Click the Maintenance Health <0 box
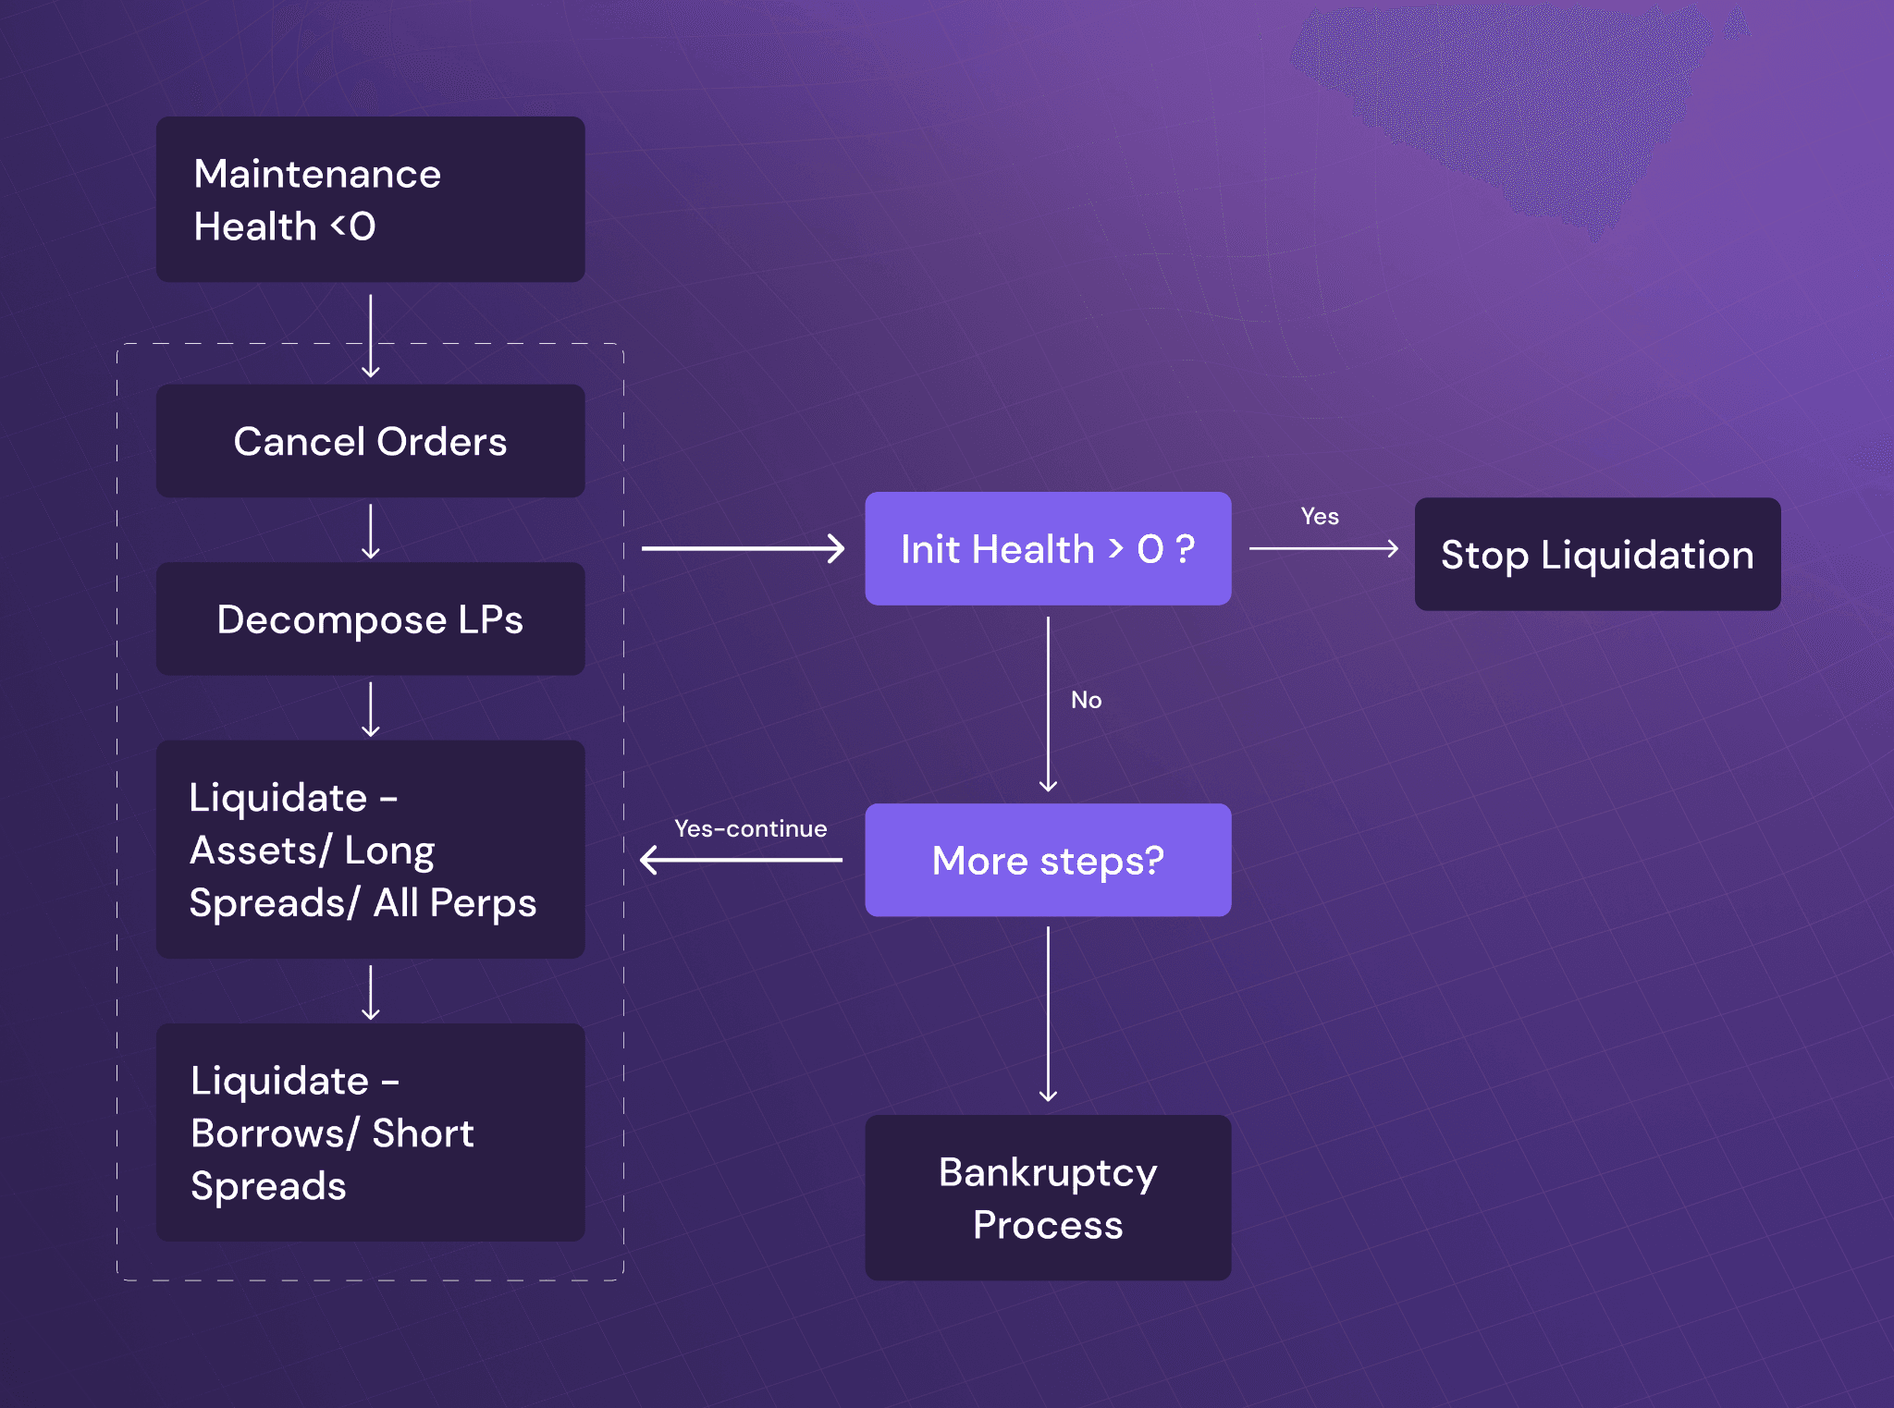370,199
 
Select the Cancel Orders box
370,441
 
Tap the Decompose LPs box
370,618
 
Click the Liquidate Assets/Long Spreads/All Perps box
370,849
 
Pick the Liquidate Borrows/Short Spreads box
370,1132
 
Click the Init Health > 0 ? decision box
1048,549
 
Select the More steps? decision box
1048,860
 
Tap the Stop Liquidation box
1597,554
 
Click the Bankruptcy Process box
1048,1197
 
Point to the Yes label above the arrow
1320,517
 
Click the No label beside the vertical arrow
1086,700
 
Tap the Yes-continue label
750,828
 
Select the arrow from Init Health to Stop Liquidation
1322,549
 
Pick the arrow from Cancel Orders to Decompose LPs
371,531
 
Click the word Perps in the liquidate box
482,902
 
